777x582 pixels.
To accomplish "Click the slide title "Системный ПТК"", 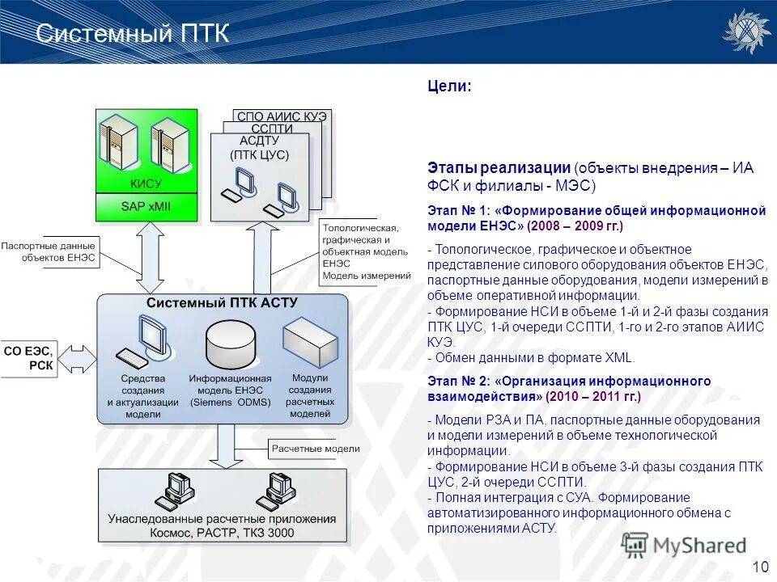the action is (134, 34).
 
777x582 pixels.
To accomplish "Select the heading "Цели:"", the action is (449, 86).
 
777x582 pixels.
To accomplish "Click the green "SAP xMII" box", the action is (146, 207).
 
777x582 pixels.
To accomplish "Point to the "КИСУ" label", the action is (146, 183).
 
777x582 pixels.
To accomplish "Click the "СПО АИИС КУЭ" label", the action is (282, 116).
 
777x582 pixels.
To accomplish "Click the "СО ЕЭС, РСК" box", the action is (28, 357).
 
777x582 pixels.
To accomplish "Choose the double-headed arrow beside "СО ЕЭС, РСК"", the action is (79, 356).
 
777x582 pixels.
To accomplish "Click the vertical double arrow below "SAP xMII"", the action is (149, 257).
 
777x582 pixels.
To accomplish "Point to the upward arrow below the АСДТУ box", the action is (261, 257).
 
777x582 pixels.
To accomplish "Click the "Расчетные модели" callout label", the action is (315, 449).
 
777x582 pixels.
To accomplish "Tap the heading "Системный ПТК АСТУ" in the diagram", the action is (223, 302).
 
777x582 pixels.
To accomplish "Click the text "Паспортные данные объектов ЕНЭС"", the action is (49, 251).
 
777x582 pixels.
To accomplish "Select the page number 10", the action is (760, 566).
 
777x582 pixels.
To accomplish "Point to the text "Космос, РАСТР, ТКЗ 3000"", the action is (222, 533).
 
